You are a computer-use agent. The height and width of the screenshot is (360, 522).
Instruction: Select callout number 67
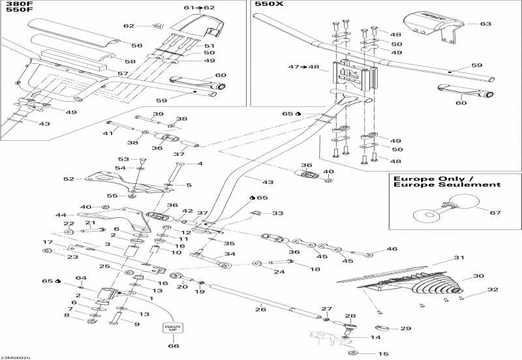[495, 212]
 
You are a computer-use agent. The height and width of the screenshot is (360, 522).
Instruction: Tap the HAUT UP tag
[172, 325]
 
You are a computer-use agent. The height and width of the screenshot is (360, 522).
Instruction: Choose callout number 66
[173, 346]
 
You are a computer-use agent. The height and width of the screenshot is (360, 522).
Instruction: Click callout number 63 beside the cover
[485, 24]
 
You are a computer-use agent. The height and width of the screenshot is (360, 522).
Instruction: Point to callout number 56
[136, 46]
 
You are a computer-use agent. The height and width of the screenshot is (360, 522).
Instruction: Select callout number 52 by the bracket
[69, 178]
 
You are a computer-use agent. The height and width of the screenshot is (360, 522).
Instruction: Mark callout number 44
[61, 215]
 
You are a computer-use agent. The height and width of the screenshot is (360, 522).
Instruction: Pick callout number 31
[459, 258]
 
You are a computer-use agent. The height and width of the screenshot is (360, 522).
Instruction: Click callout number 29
[405, 328]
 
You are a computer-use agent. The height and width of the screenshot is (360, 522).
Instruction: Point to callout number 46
[391, 249]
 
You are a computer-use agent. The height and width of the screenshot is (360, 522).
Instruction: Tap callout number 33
[277, 213]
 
